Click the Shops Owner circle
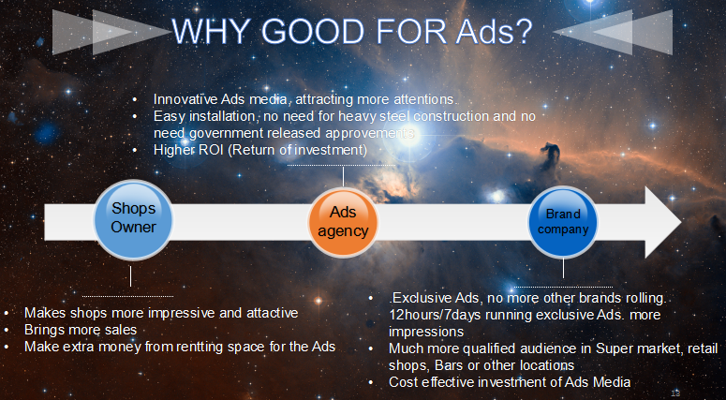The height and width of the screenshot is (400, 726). [x=133, y=219]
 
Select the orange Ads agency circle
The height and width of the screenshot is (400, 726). [x=343, y=223]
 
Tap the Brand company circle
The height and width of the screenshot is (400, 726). [x=563, y=222]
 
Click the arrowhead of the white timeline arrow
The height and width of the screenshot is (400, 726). [x=663, y=222]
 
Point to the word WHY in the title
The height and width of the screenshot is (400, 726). [x=214, y=31]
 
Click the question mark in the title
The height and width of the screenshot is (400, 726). [x=523, y=31]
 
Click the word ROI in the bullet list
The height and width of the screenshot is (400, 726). [x=212, y=150]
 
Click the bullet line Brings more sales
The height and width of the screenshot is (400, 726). [x=81, y=330]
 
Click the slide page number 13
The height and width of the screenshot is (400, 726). [x=675, y=393]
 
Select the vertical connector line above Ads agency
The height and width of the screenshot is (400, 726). [x=343, y=176]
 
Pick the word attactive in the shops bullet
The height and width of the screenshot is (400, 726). [x=272, y=313]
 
